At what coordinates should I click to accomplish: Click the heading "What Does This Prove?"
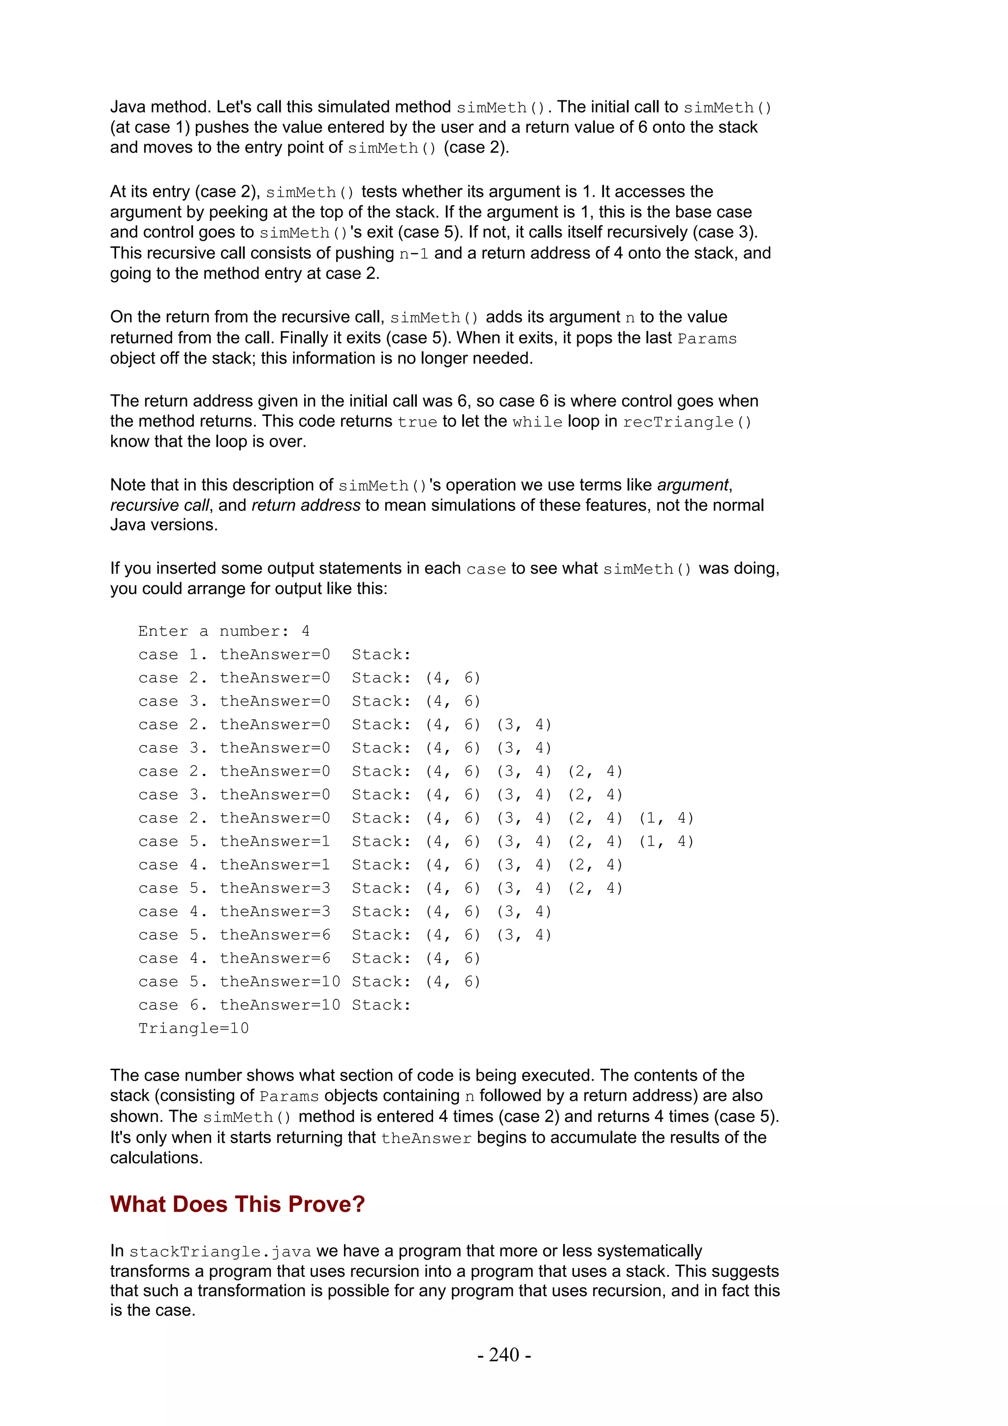click(x=237, y=1204)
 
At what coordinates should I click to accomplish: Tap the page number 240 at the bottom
click(x=504, y=1355)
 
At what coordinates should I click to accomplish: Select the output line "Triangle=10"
click(x=193, y=1028)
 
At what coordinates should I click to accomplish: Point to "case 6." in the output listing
click(x=173, y=1005)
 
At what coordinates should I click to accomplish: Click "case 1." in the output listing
click(x=173, y=654)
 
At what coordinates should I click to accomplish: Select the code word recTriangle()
click(x=687, y=422)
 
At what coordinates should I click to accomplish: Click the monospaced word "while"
click(x=537, y=422)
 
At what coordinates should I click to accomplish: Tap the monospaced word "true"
click(x=417, y=422)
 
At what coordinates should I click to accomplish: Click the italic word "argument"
click(x=693, y=485)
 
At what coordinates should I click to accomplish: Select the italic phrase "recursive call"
click(x=159, y=505)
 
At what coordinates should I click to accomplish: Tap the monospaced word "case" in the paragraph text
click(x=486, y=569)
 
